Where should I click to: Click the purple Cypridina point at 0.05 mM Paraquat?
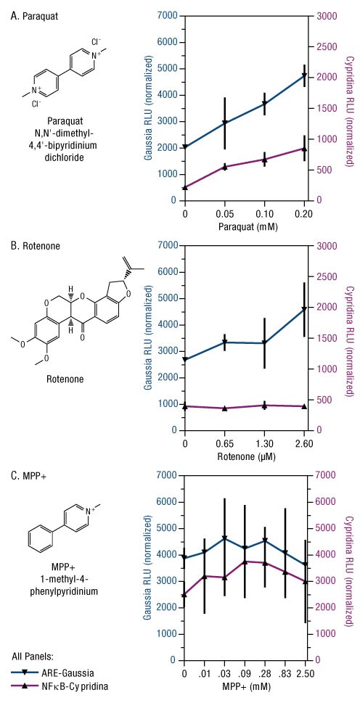coord(224,167)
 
